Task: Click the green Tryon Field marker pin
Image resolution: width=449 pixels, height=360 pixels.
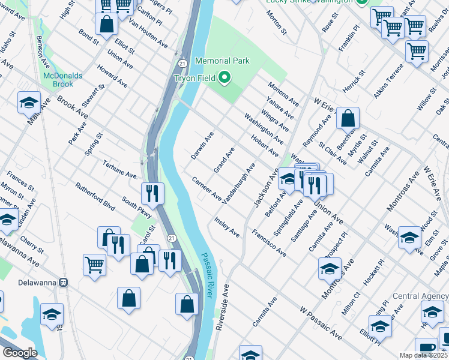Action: click(224, 78)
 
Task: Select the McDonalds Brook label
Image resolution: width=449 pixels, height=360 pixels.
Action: click(62, 80)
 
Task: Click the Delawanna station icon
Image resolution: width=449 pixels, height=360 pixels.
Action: click(63, 282)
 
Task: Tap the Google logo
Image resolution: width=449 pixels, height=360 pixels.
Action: click(20, 353)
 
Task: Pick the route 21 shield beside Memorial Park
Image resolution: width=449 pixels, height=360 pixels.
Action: click(182, 63)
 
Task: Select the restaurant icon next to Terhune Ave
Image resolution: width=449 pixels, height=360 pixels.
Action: click(152, 193)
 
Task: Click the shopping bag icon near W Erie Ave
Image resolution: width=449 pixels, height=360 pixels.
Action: click(348, 118)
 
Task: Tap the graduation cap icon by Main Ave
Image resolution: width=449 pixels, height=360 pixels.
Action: click(28, 103)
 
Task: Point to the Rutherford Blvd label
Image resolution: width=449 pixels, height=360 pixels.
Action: click(95, 196)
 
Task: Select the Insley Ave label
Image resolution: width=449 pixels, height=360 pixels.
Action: click(227, 227)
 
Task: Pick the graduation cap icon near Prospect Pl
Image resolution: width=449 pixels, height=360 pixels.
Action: click(330, 269)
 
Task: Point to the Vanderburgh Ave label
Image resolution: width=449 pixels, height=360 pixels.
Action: click(238, 182)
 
